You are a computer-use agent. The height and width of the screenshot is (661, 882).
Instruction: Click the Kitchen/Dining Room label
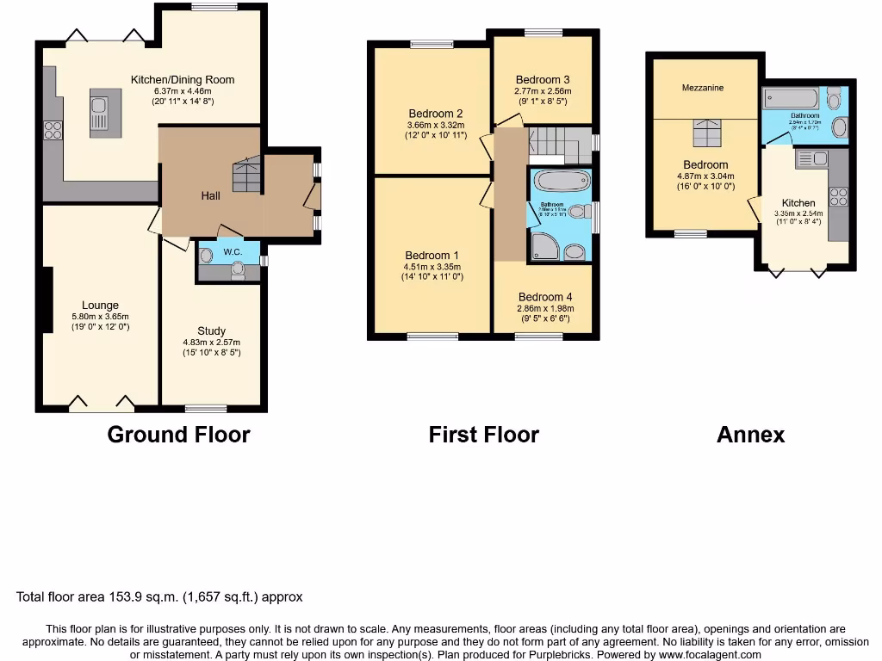point(183,80)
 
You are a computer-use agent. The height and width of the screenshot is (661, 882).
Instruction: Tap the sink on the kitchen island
point(99,115)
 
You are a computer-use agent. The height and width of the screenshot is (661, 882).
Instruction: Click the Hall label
point(210,195)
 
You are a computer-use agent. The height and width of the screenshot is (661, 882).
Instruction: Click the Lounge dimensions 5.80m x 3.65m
point(100,316)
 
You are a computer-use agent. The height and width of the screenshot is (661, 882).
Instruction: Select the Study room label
point(211,330)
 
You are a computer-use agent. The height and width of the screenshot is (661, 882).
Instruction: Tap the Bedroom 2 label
point(436,114)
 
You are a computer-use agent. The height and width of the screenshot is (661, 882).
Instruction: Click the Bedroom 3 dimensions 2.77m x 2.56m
point(543,90)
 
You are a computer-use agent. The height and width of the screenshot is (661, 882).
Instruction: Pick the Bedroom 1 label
point(432,256)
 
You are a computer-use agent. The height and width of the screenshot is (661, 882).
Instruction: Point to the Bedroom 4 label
point(545,297)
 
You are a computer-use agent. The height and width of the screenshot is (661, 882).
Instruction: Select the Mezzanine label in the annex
point(703,88)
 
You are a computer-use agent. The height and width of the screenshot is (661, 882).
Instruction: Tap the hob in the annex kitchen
point(839,197)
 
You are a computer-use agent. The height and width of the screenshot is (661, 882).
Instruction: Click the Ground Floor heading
point(178,435)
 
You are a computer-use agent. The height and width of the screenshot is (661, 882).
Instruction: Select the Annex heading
point(750,435)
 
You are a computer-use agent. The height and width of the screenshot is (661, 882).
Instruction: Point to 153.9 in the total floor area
point(145,596)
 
